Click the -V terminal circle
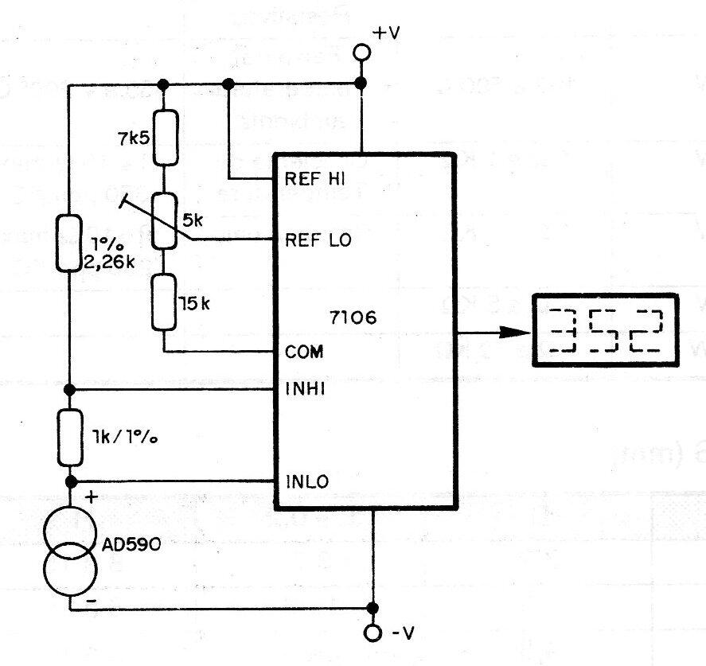tap(373, 633)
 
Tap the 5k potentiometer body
tap(164, 220)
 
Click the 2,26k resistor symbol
tap(69, 242)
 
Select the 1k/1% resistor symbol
tap(69, 437)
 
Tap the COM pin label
tap(303, 351)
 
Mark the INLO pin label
tap(306, 481)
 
